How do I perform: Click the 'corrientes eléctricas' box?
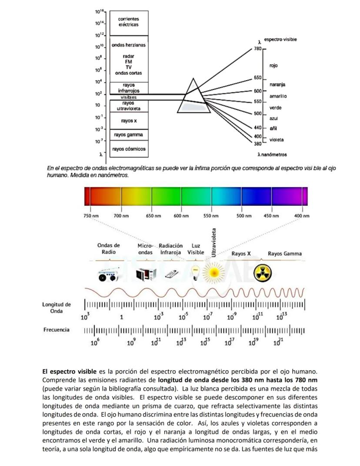129,22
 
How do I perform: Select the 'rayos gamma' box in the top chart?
129,135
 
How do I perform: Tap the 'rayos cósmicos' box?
129,149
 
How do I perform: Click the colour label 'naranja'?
277,84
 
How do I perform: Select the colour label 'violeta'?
277,140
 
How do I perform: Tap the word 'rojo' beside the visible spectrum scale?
273,65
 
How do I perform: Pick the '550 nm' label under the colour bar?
210,216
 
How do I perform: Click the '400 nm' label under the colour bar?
302,216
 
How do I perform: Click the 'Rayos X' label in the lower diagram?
241,254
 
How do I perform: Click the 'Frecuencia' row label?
56,330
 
